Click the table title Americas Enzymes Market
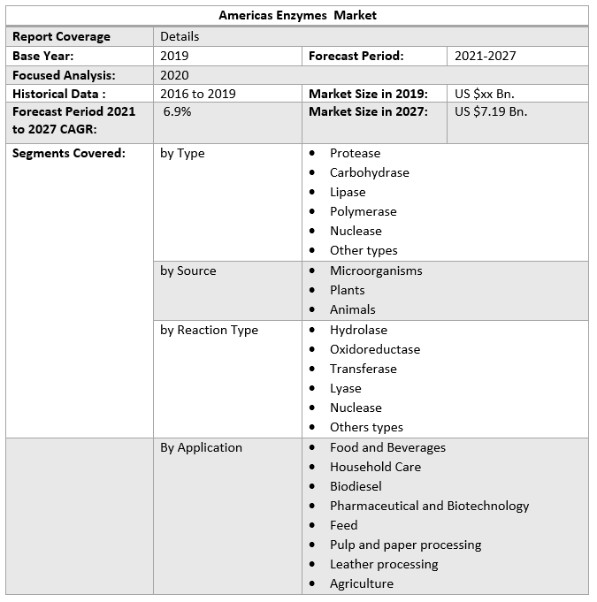298,15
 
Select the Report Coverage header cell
61,36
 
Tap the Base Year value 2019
174,56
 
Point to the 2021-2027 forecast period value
485,56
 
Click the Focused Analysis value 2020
174,75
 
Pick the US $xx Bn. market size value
484,94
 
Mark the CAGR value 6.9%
177,111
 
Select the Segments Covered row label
69,153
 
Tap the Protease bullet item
355,153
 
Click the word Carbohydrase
369,172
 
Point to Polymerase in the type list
363,211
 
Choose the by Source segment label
188,271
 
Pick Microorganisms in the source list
376,271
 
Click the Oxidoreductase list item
375,349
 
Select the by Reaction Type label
209,330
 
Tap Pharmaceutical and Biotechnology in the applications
429,506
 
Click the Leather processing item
384,564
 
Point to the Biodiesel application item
356,486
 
